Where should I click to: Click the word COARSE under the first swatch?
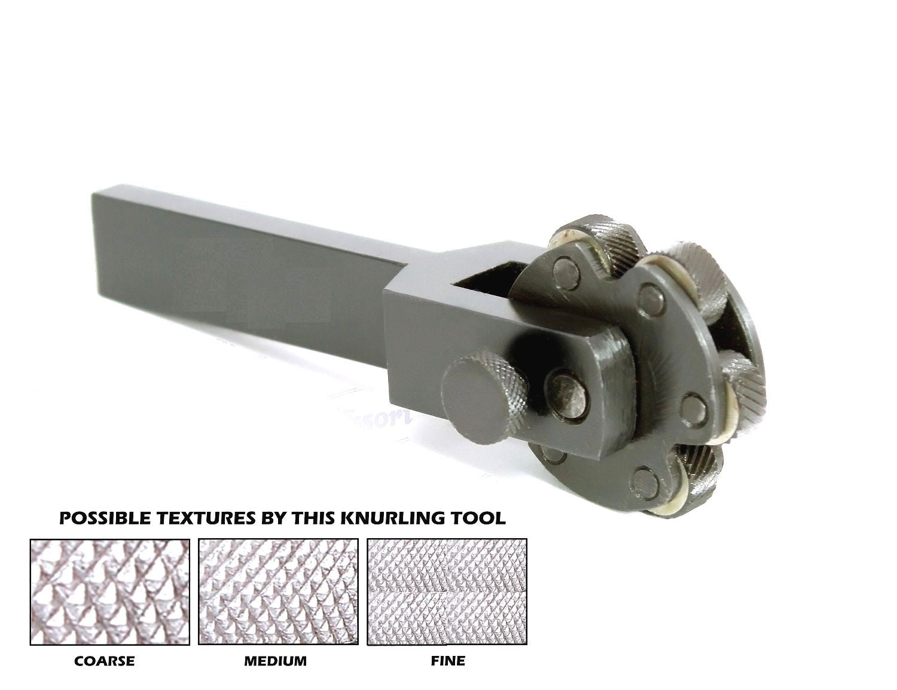coord(104,661)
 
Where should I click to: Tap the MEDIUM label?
coord(275,661)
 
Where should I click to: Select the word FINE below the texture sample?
coord(447,661)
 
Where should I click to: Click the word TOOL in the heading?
coord(481,518)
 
